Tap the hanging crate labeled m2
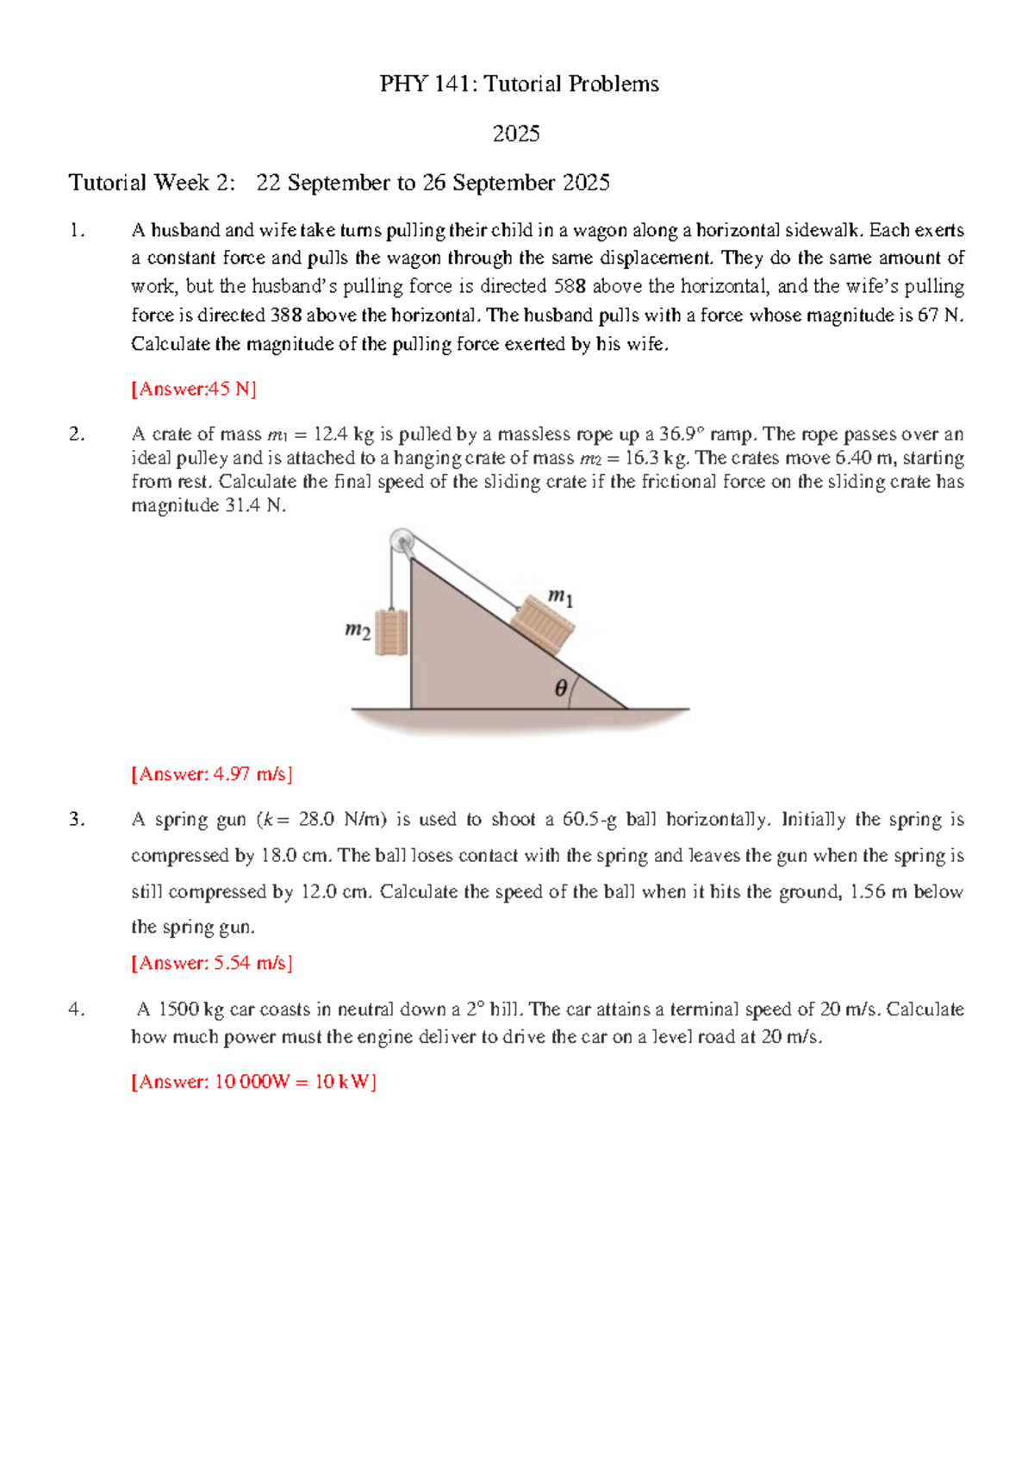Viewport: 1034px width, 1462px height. point(391,633)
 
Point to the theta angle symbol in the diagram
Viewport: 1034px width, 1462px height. point(561,688)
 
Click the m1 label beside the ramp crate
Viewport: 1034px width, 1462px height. point(561,597)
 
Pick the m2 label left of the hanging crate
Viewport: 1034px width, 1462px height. point(358,631)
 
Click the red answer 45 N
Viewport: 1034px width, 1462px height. point(194,389)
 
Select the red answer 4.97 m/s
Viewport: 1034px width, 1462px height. point(212,774)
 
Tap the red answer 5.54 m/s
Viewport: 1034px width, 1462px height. point(212,963)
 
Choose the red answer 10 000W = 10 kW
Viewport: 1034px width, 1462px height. point(253,1082)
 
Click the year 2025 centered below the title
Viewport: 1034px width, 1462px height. point(516,134)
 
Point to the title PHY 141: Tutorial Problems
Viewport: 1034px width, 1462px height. point(520,84)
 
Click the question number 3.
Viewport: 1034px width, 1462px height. point(77,820)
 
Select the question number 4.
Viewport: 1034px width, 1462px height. point(77,1009)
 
